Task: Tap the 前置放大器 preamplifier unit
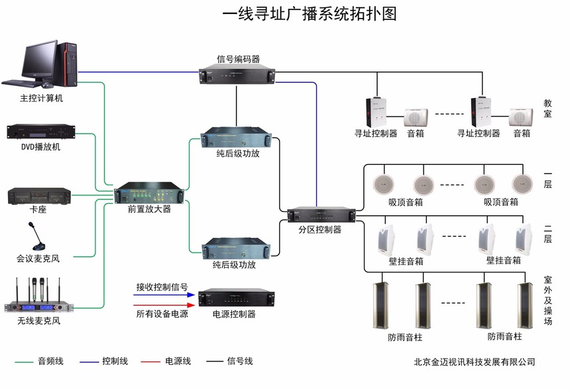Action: point(149,195)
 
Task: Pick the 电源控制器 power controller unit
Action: point(236,298)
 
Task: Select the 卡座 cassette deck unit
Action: point(39,196)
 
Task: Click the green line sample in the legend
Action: point(24,362)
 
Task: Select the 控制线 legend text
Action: point(115,362)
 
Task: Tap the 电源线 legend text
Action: point(178,362)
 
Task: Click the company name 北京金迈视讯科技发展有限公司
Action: point(474,362)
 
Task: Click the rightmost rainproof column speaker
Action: point(525,305)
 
